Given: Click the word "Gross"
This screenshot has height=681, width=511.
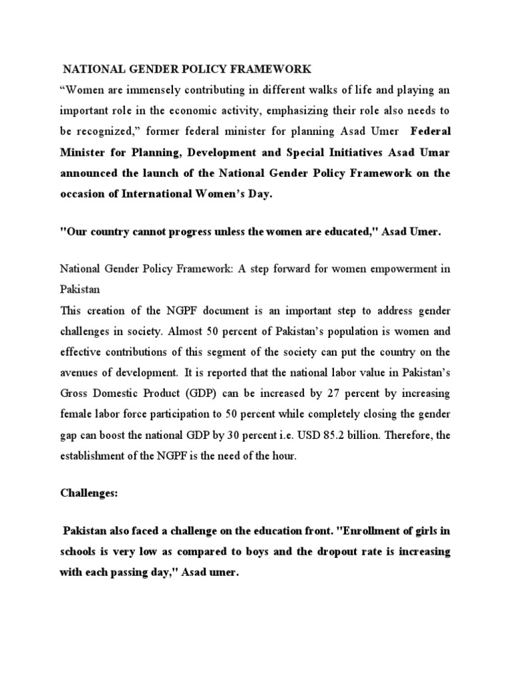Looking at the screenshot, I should click(75, 393).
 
